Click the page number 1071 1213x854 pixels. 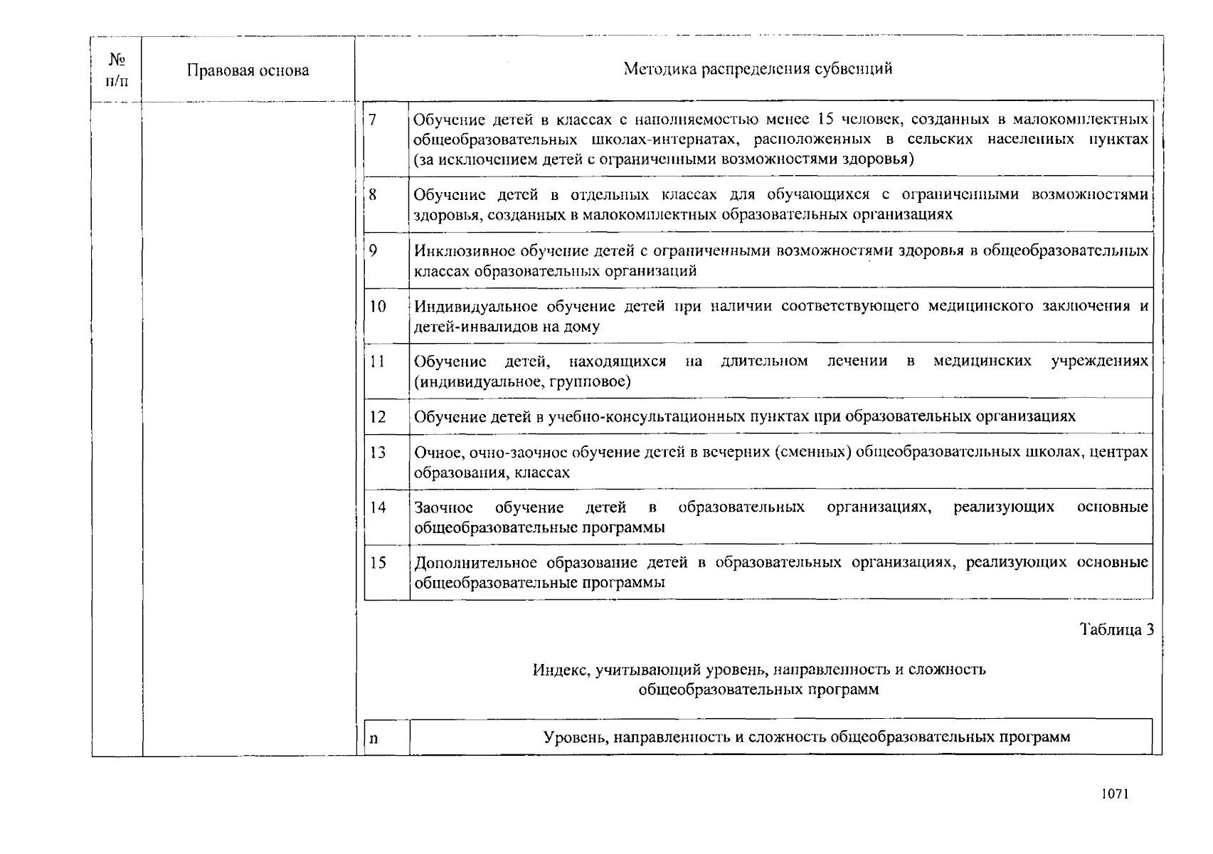[x=1114, y=794]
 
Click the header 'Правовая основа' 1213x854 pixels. [x=248, y=70]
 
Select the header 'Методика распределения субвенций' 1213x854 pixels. [x=758, y=69]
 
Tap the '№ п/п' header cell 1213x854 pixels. [x=117, y=70]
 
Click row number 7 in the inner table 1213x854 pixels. [x=373, y=119]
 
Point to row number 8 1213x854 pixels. [x=373, y=194]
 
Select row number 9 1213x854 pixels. [x=374, y=250]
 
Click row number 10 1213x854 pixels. [x=377, y=306]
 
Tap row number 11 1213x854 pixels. [x=377, y=361]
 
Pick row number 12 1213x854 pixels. [x=377, y=416]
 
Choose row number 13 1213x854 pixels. [x=377, y=452]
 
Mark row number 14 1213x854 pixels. [x=377, y=507]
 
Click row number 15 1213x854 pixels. [x=377, y=562]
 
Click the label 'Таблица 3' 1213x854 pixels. [x=1116, y=629]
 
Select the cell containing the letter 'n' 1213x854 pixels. [x=374, y=738]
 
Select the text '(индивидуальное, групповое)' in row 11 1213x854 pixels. [x=522, y=382]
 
